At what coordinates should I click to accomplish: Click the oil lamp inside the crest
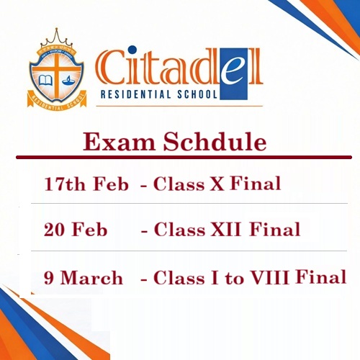[x=69, y=75]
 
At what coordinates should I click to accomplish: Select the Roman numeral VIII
[x=270, y=277]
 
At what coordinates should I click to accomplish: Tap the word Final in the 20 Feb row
[x=275, y=230]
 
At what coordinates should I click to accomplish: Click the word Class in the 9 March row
[x=178, y=277]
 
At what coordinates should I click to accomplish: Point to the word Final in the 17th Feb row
[x=256, y=184]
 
